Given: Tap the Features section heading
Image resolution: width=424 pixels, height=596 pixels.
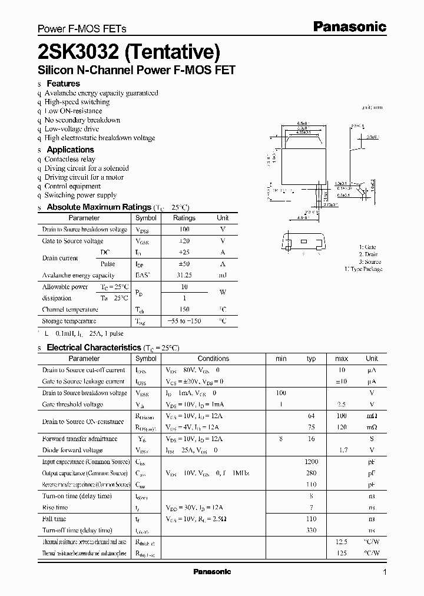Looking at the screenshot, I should [x=63, y=84].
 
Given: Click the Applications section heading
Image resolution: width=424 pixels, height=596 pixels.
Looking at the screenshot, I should [x=70, y=150].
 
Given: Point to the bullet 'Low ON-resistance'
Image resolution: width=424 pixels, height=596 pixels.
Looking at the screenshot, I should [x=73, y=111].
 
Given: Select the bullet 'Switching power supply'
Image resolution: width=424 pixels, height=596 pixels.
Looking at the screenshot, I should [x=81, y=195].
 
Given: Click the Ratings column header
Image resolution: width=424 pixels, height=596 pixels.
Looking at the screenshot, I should [x=184, y=218].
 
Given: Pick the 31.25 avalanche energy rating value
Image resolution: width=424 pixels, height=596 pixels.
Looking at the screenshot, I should [x=184, y=275].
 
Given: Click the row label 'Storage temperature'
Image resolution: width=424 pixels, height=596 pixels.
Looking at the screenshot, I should [x=69, y=321].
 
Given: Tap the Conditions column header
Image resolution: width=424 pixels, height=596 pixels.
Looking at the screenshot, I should [x=213, y=358].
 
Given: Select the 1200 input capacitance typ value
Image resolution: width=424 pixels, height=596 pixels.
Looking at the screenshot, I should [x=311, y=462].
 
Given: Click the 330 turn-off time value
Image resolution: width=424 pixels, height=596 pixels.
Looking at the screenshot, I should [x=311, y=530].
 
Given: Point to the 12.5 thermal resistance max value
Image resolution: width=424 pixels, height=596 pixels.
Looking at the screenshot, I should [x=341, y=541].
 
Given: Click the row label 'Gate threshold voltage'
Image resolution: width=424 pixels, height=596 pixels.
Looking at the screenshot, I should [x=72, y=405].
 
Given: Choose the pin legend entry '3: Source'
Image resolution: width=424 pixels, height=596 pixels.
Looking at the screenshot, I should [x=370, y=261].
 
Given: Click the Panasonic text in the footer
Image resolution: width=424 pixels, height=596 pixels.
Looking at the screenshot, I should [x=212, y=572].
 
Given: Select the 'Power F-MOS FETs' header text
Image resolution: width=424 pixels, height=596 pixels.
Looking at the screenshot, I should [x=82, y=28].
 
